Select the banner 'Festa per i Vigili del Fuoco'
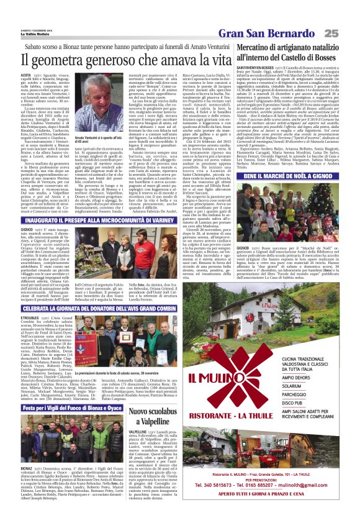(71, 408)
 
